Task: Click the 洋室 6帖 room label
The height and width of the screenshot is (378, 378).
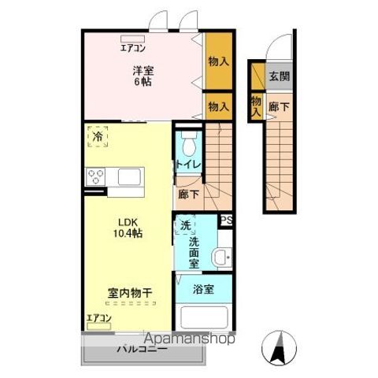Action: tap(143, 76)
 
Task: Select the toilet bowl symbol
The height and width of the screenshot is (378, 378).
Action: tap(187, 144)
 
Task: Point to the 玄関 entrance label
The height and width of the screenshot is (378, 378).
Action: tap(278, 76)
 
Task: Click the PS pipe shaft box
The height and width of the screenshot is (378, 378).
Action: tap(226, 220)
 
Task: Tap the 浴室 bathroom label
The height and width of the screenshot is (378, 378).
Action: tap(204, 289)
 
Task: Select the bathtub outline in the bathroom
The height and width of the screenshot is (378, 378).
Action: tap(204, 320)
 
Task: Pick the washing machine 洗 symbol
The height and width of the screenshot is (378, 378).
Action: tap(185, 225)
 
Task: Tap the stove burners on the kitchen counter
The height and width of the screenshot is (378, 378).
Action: tap(98, 176)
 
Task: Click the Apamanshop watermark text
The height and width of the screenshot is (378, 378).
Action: tap(186, 339)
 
